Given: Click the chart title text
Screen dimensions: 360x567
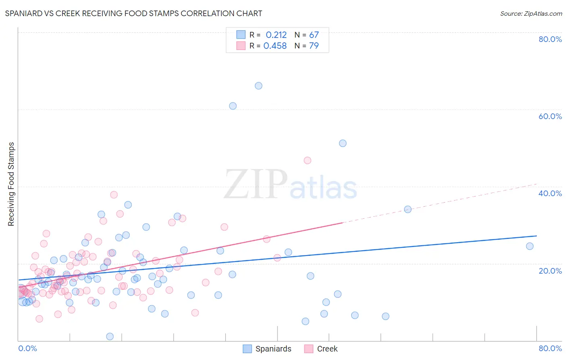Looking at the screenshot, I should [x=133, y=14].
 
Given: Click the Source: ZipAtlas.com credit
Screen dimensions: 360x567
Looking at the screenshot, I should [x=531, y=14].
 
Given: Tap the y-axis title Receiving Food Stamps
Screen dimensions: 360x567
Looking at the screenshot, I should [x=11, y=184].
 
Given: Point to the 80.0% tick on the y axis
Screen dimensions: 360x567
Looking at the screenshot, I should [x=550, y=39].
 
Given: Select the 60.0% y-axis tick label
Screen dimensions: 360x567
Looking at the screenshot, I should [x=550, y=116].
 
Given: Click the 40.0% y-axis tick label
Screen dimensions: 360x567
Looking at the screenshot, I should [x=550, y=193].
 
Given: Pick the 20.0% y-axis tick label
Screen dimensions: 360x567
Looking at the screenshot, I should [x=550, y=271].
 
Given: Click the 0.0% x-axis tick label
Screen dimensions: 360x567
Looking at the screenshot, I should [x=27, y=348].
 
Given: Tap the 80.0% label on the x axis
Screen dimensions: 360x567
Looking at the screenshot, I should [x=550, y=348].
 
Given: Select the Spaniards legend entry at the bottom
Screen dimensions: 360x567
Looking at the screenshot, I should [x=267, y=349].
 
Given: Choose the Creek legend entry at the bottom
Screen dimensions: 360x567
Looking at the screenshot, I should [x=321, y=349].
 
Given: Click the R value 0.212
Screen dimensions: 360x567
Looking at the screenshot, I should [x=276, y=35].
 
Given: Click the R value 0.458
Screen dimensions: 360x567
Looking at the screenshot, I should [x=275, y=46].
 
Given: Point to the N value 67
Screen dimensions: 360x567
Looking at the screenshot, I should [x=314, y=35].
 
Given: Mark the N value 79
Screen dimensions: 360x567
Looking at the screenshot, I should [x=314, y=46].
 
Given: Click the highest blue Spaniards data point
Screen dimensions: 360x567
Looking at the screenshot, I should [x=258, y=86].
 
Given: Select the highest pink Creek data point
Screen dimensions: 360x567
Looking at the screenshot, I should [x=307, y=160].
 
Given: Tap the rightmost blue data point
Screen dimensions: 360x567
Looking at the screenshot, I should [x=529, y=246].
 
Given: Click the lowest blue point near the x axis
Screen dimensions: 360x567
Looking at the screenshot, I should [x=110, y=336].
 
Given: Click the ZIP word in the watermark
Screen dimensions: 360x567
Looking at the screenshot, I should [x=256, y=185].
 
